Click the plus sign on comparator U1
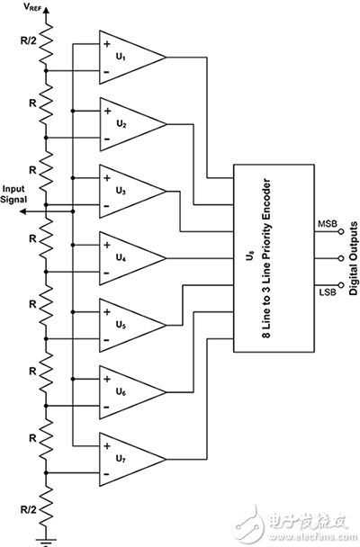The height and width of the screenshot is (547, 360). click(107, 44)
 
